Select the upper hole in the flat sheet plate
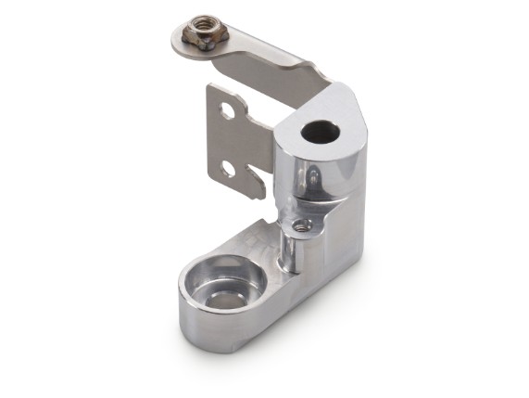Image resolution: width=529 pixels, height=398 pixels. pos(227,111)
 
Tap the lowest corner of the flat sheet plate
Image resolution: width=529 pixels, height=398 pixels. pos(264,197)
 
